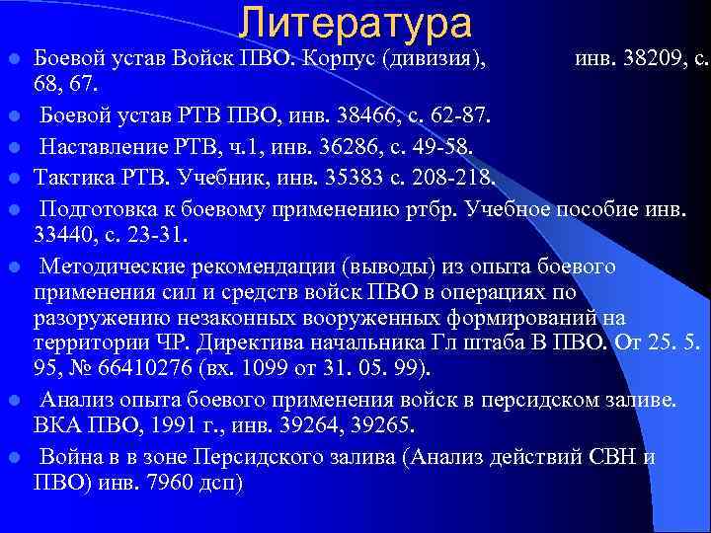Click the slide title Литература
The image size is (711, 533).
click(355, 24)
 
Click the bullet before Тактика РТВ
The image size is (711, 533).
click(17, 179)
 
